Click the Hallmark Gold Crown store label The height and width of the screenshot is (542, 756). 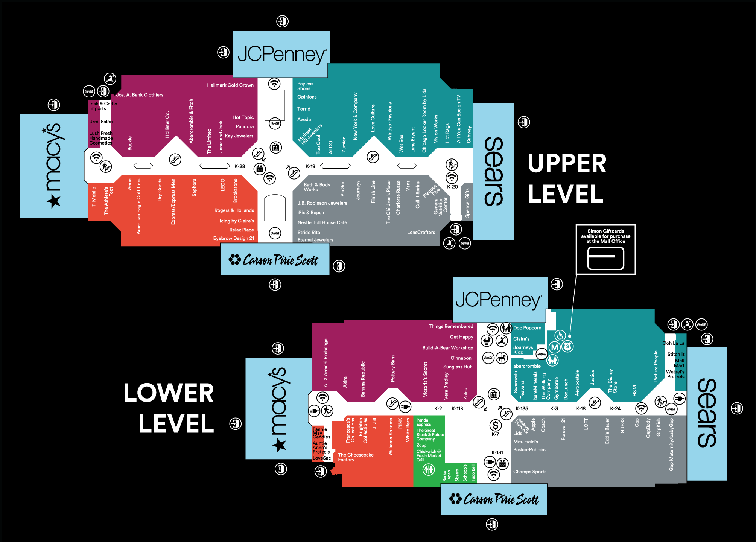230,85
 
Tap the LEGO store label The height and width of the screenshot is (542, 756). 223,185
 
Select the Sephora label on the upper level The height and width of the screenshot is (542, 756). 195,187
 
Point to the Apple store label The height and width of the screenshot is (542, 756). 533,424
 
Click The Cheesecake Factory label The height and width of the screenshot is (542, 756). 356,457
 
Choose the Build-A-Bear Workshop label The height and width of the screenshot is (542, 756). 447,348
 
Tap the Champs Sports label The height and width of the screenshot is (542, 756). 529,472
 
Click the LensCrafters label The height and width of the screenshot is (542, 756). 421,232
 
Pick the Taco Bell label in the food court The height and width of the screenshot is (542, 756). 473,473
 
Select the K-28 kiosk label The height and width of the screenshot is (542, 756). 240,166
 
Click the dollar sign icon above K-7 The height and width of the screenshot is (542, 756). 495,425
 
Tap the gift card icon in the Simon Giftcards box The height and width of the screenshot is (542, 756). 605,259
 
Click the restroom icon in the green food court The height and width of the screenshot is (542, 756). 429,469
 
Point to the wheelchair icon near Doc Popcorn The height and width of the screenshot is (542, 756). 560,335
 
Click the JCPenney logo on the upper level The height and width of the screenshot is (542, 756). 281,55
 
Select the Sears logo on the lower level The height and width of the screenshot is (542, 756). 706,413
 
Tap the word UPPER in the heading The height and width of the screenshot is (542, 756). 567,164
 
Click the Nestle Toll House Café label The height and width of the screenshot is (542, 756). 322,222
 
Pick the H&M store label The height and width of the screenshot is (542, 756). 634,390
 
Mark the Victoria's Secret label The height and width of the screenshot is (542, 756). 425,379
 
